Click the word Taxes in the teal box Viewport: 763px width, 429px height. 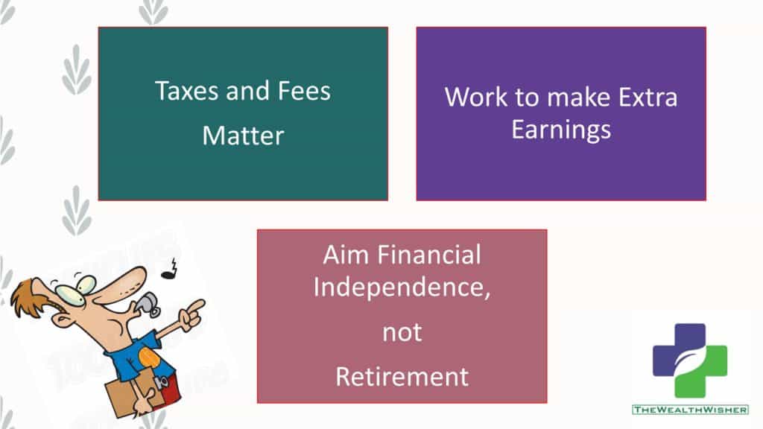click(187, 91)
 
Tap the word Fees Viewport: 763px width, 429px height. click(304, 91)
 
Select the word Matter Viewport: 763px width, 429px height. click(243, 136)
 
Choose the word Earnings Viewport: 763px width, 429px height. click(561, 130)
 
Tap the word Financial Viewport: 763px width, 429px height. click(429, 255)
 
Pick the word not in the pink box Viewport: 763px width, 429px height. click(402, 333)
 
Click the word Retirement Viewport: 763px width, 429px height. click(402, 377)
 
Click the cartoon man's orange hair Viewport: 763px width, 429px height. click(29, 296)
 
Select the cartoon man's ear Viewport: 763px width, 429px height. click(61, 319)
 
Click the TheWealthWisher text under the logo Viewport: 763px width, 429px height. click(690, 410)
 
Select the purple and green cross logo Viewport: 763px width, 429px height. click(690, 360)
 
